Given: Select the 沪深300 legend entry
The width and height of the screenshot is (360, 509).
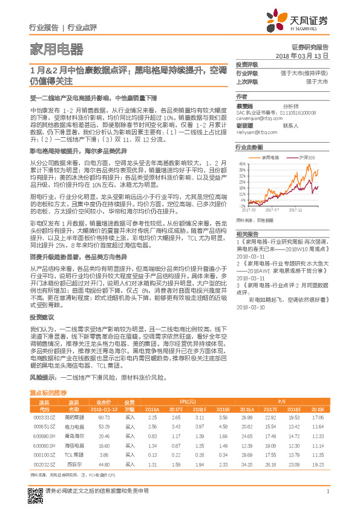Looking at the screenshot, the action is pyautogui.click(x=306, y=156).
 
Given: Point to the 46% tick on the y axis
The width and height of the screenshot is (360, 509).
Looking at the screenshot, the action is pyautogui.click(x=241, y=163).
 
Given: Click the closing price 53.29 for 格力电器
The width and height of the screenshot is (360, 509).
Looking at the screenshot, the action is pyautogui.click(x=103, y=426).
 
